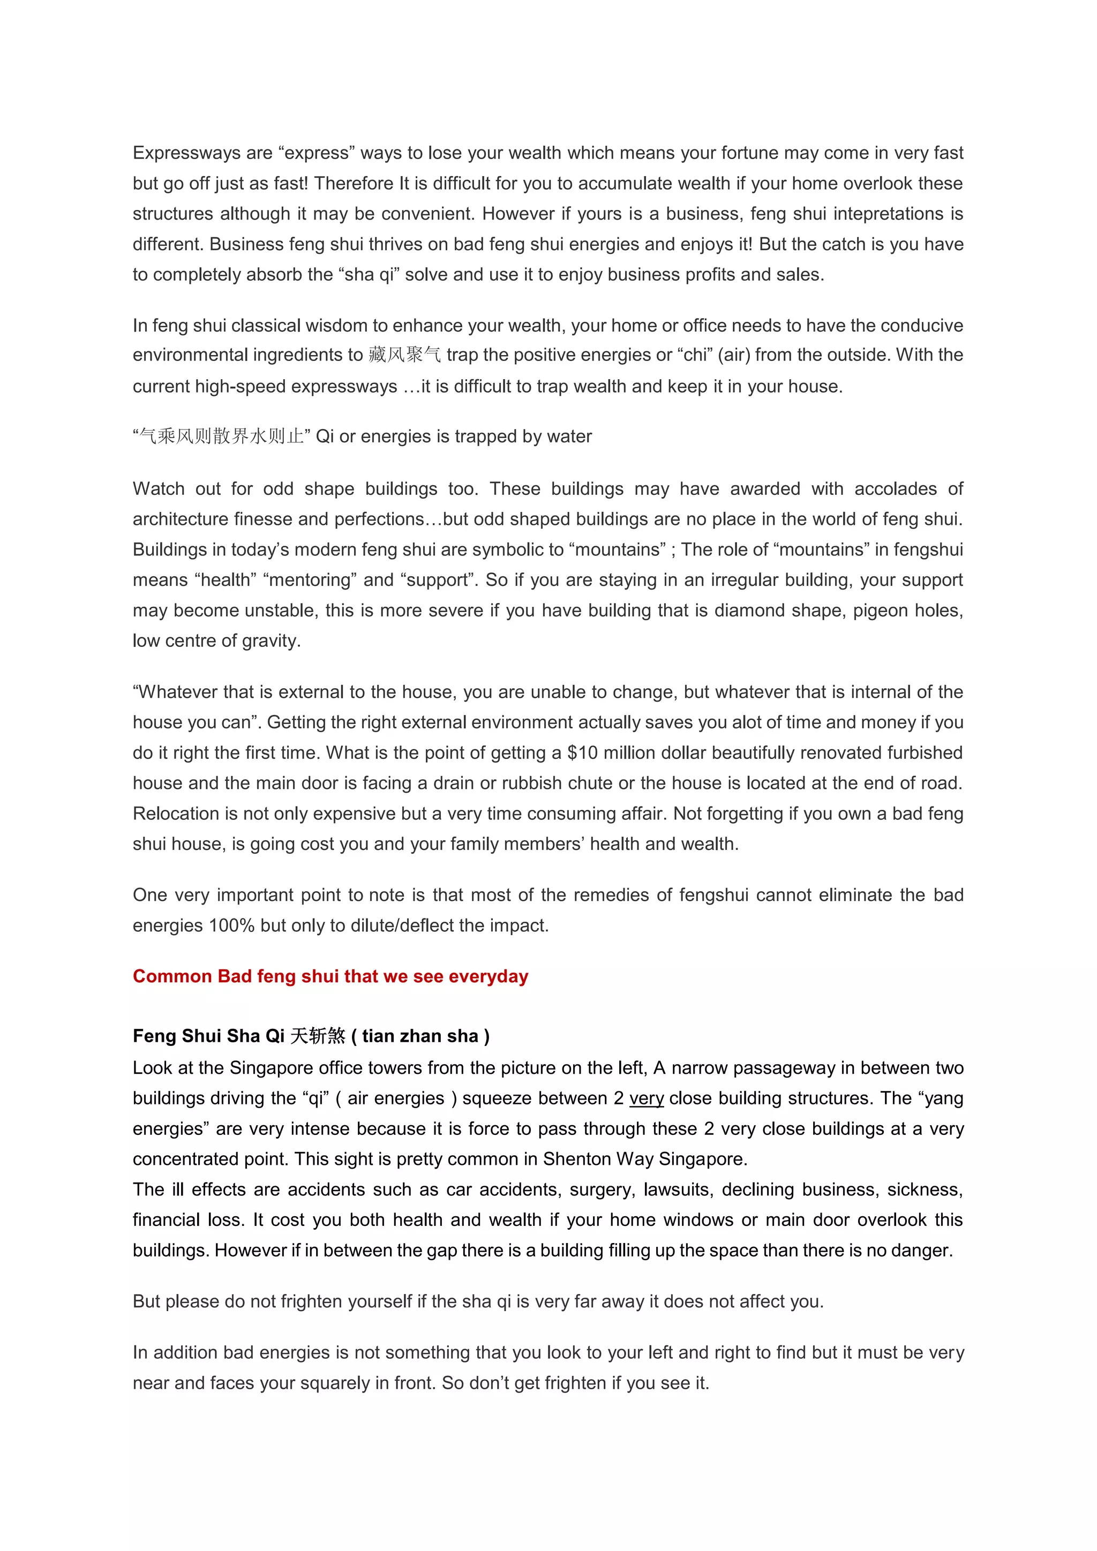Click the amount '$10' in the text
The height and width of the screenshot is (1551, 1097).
[582, 752]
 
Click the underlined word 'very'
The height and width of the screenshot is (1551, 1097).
[647, 1098]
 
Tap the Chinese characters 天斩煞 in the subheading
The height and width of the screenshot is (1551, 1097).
[318, 1036]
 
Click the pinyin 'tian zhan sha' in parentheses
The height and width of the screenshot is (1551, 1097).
[420, 1036]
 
